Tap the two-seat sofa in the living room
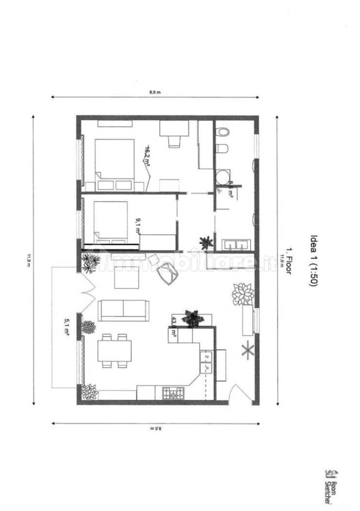coord(123,309)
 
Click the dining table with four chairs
coord(115,351)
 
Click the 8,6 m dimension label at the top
coord(155,92)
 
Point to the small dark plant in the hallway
coord(206,242)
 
